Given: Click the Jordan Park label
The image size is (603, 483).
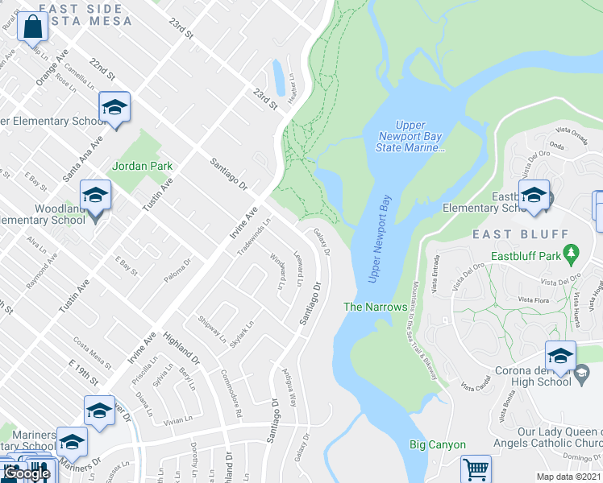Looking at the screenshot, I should (143, 166).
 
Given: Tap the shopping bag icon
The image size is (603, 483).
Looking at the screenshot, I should (31, 28).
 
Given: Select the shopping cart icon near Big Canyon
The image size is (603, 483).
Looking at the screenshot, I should (476, 468).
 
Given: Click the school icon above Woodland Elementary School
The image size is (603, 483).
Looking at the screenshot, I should (95, 196).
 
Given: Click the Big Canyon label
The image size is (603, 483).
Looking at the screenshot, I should (437, 444).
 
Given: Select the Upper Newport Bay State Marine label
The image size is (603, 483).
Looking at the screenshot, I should (411, 136).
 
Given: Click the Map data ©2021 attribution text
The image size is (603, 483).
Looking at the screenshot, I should (568, 477).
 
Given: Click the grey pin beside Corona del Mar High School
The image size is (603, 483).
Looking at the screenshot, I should (582, 371).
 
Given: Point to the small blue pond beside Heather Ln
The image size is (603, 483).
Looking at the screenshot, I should (278, 77).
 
